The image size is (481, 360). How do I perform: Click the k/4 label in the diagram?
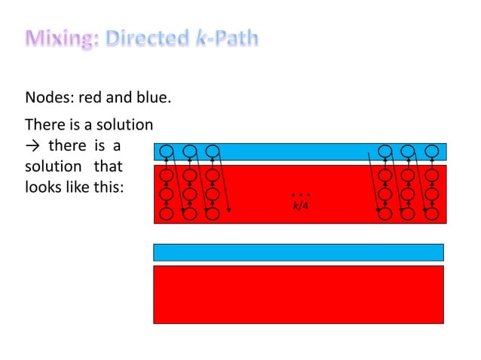pyautogui.click(x=301, y=205)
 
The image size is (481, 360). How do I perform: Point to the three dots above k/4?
pyautogui.click(x=301, y=195)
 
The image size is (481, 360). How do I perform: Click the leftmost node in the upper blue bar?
pyautogui.click(x=167, y=151)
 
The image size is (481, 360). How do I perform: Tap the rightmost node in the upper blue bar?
pyautogui.click(x=431, y=151)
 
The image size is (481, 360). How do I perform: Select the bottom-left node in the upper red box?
pyautogui.click(x=167, y=214)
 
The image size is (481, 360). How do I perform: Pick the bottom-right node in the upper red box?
pyautogui.click(x=431, y=214)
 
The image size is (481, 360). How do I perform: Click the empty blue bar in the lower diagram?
pyautogui.click(x=298, y=252)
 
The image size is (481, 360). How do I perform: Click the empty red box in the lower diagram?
pyautogui.click(x=298, y=294)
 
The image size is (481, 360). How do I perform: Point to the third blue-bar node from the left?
pyautogui.click(x=213, y=151)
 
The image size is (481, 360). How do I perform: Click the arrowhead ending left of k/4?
pyautogui.click(x=228, y=212)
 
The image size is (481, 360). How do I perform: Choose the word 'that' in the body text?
pyautogui.click(x=108, y=166)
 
